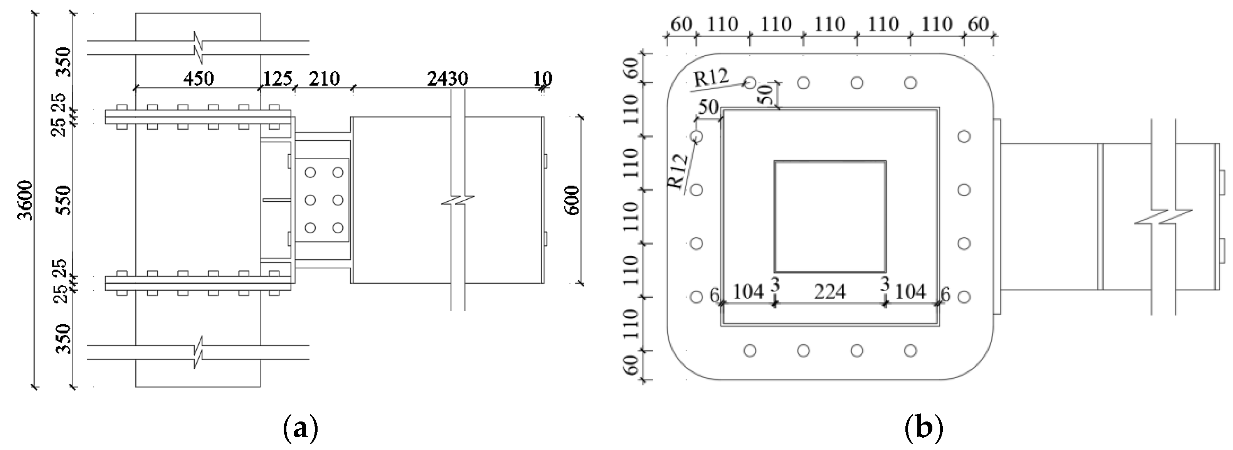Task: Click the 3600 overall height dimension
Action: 25,200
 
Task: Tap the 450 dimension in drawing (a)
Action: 198,78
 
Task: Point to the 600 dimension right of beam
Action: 573,200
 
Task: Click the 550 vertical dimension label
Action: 63,200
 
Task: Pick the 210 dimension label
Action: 324,78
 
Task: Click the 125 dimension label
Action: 277,78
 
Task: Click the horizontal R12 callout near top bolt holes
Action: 710,77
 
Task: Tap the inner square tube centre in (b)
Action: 830,216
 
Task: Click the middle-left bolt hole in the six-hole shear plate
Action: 311,200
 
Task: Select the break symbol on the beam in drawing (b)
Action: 1163,217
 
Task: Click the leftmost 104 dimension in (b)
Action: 748,292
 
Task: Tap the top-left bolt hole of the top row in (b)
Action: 750,83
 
